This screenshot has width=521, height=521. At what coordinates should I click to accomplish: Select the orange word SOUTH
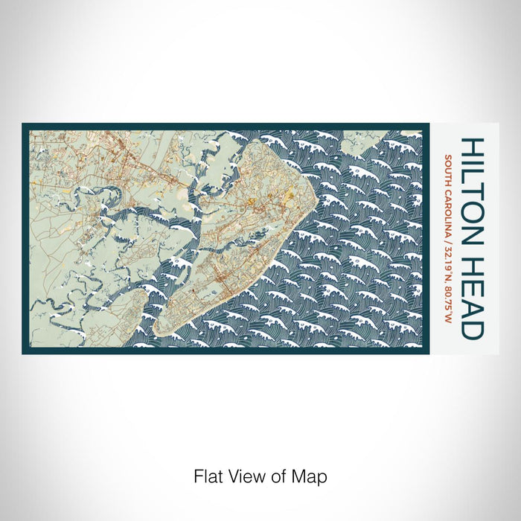coord(449,170)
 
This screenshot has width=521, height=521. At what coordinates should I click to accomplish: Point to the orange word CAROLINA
coord(449,216)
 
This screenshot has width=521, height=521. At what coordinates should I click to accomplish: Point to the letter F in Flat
coord(196,475)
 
